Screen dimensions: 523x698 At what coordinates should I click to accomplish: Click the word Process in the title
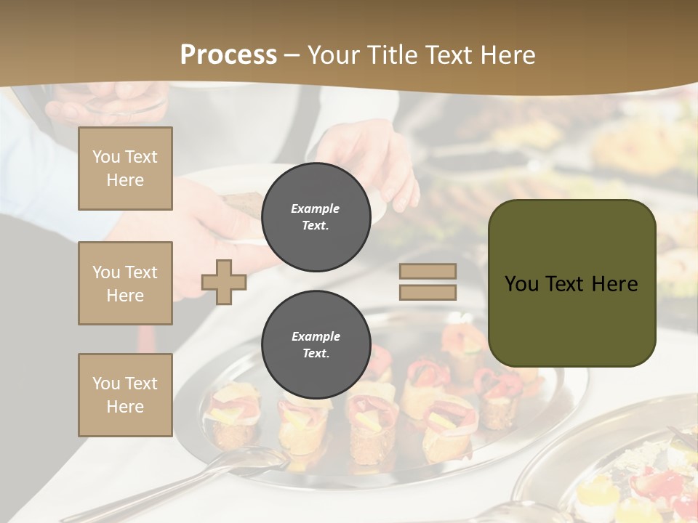coord(228,55)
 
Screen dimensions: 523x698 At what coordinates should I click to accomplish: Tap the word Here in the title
coord(506,55)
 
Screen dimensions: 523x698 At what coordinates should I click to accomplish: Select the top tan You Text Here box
coord(125,169)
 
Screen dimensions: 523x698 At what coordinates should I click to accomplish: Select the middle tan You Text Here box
coord(125,283)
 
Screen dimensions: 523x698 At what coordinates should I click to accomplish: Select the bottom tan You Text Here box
coord(125,395)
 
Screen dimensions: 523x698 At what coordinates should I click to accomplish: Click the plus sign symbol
coord(223,282)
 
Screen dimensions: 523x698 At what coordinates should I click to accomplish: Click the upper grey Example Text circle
coord(316,217)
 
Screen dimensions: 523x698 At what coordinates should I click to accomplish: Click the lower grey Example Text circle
coord(316,345)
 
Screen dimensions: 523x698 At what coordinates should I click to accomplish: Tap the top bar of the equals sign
coord(428,272)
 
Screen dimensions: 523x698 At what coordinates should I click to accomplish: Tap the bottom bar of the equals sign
coord(428,292)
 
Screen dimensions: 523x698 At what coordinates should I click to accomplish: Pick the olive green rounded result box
coord(571,320)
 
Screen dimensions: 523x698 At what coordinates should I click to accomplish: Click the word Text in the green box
coord(567,284)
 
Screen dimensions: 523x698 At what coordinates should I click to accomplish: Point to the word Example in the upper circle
coord(316,208)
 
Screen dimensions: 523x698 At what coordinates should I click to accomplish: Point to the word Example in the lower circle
coord(316,336)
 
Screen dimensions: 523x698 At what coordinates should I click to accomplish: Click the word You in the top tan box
coord(106,157)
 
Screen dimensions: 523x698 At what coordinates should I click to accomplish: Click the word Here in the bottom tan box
coord(125,407)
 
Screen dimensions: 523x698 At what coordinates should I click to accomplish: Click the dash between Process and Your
coord(292,55)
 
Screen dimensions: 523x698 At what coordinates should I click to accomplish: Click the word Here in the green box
coord(614,284)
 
